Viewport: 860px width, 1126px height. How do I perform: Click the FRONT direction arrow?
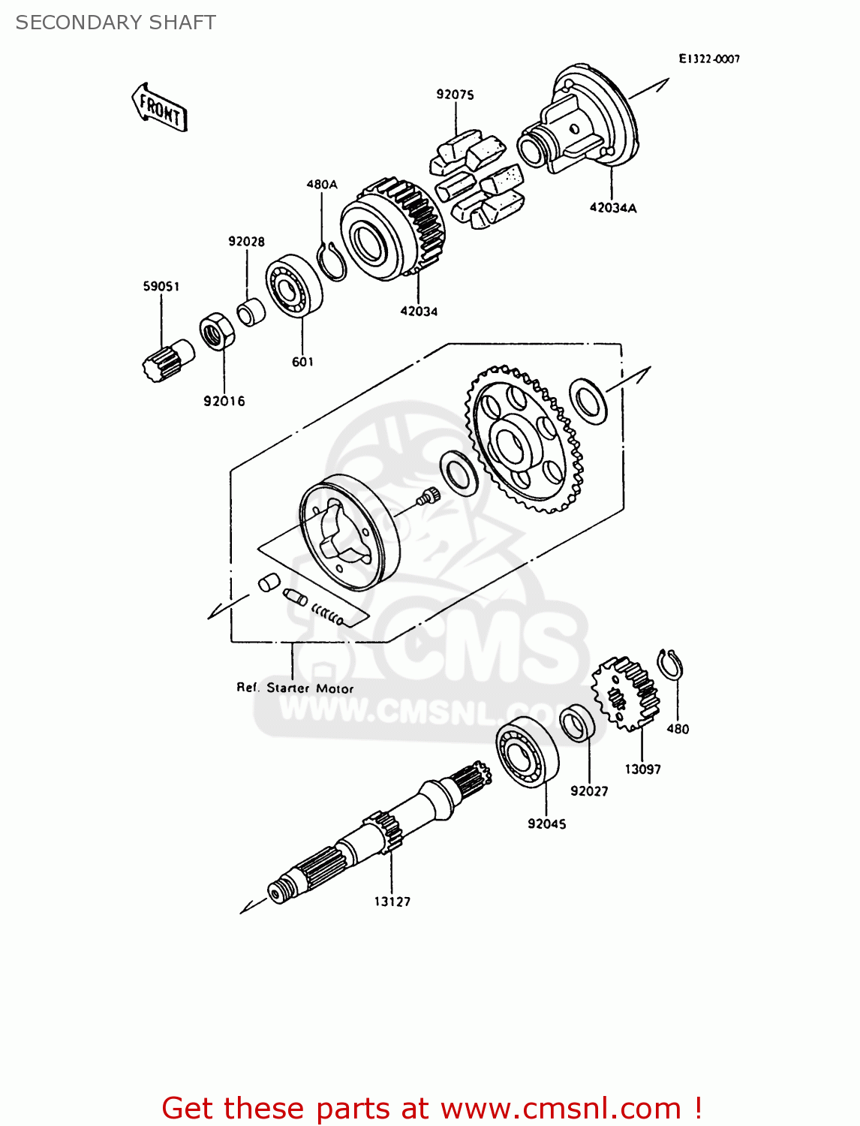(x=159, y=107)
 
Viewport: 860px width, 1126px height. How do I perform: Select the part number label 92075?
(x=455, y=95)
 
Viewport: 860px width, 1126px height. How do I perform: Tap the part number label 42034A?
(x=612, y=208)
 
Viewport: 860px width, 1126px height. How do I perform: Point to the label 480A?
(x=321, y=184)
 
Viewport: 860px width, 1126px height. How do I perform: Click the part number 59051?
(x=161, y=286)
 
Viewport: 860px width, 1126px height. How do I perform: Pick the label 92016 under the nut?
(x=224, y=401)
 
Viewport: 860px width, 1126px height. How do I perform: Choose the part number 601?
(x=302, y=362)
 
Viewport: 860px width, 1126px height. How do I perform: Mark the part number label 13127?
(x=392, y=902)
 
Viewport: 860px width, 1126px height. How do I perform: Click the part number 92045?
(x=546, y=823)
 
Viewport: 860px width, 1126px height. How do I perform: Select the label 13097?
(x=642, y=769)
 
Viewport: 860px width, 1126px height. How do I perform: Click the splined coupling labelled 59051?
(x=167, y=359)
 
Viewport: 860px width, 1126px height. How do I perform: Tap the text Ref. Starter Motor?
(x=295, y=688)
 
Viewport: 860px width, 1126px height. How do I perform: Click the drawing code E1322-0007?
(x=708, y=59)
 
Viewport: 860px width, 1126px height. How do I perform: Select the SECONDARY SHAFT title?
(x=116, y=23)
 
